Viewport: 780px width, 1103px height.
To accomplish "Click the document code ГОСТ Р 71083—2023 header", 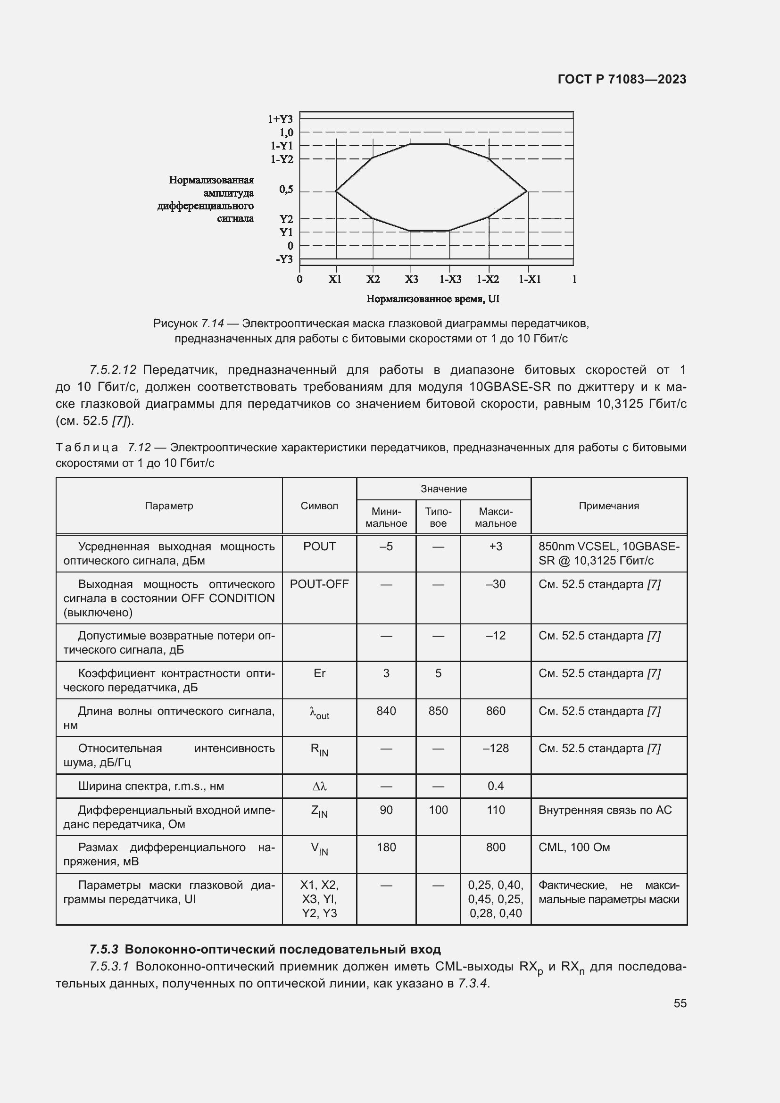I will click(x=622, y=79).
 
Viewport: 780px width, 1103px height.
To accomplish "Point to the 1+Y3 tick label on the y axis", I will click(x=280, y=119).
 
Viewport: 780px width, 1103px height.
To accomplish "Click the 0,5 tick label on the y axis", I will click(x=286, y=190).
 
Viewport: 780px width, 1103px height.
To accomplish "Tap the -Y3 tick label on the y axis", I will click(x=284, y=259).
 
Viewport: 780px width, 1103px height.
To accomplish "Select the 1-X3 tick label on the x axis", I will click(x=450, y=280).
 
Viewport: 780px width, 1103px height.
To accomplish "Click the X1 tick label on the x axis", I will click(x=335, y=280).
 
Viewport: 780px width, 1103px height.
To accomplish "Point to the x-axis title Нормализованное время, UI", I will click(x=433, y=299).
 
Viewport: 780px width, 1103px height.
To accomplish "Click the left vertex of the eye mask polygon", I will click(x=335, y=191).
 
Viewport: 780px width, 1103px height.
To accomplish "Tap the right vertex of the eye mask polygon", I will click(x=527, y=191).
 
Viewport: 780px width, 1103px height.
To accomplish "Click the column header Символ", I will click(x=319, y=506).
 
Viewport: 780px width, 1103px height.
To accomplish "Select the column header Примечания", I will click(x=608, y=506).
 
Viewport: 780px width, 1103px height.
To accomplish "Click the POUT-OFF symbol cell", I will click(x=319, y=584).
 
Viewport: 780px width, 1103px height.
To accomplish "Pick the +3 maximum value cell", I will click(x=495, y=547).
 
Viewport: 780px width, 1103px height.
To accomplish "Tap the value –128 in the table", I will click(x=495, y=748).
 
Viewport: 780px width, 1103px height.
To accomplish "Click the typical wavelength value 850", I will click(x=438, y=711).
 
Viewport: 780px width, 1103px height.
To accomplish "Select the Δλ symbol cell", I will click(x=319, y=787).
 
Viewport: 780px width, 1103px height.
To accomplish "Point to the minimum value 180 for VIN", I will click(x=386, y=847).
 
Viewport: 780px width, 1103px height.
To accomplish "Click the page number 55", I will click(x=680, y=1003).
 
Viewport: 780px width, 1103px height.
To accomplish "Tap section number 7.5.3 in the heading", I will click(x=104, y=950).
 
